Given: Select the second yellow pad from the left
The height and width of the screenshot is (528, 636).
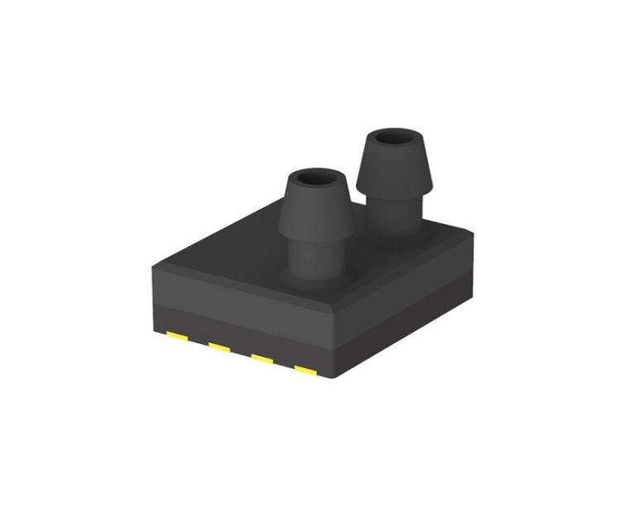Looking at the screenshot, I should [x=219, y=347].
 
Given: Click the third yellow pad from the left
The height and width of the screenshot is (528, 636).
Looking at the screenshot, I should [x=263, y=358].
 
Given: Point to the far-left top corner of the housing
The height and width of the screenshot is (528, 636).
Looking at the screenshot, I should [x=152, y=264].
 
